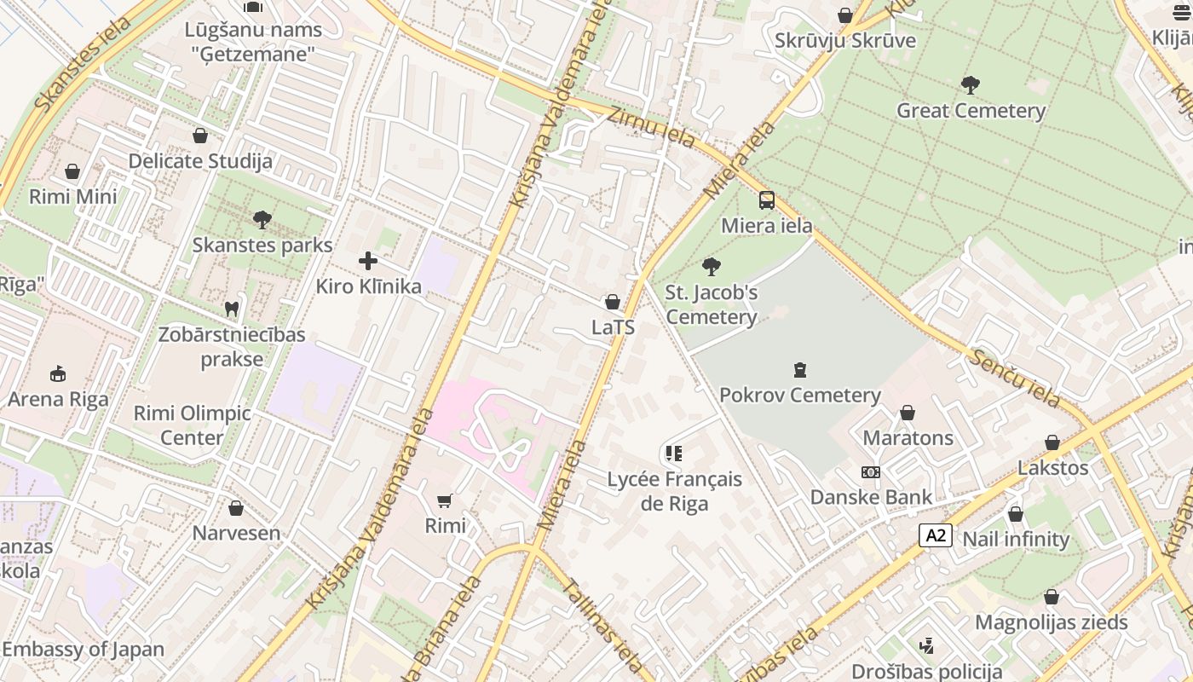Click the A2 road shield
935,535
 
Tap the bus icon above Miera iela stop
767,200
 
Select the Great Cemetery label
971,111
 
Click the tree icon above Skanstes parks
262,220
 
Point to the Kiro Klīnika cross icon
368,261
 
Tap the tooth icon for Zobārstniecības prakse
231,309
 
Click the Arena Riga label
58,399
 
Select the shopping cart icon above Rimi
445,500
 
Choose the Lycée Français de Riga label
674,491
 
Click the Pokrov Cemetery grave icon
799,370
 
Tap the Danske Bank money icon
870,471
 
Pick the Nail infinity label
1015,540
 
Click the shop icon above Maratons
908,413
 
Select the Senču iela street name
1014,378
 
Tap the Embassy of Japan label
83,649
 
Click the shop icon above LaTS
612,302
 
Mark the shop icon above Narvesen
236,508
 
